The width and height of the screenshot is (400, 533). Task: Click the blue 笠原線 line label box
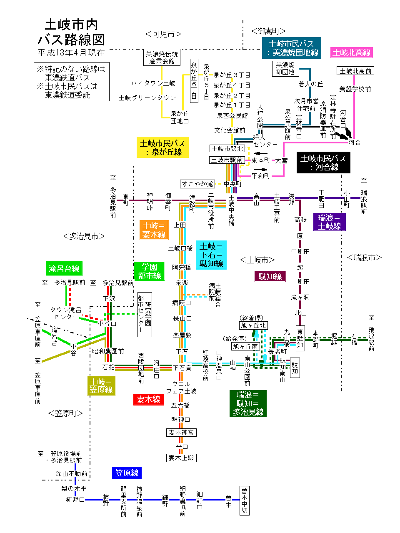click(x=127, y=473)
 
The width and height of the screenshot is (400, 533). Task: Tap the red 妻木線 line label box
click(x=149, y=399)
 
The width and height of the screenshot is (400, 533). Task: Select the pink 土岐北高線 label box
click(x=351, y=53)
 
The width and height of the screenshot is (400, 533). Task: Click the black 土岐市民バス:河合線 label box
click(x=323, y=163)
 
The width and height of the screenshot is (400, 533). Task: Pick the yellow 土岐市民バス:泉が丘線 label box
click(x=162, y=148)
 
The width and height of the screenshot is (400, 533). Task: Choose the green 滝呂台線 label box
click(x=64, y=268)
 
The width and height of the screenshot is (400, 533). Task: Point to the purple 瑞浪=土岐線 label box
click(x=329, y=222)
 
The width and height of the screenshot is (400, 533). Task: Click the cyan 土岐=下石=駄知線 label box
click(x=211, y=255)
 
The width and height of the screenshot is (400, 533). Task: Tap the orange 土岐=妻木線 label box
click(x=154, y=230)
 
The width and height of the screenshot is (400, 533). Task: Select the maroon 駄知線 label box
click(x=270, y=276)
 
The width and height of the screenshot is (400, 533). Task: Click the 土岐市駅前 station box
click(x=227, y=160)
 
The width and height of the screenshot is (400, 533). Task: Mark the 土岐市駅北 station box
click(x=227, y=148)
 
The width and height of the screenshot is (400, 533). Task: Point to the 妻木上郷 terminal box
click(x=181, y=458)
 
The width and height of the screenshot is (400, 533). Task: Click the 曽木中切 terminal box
click(x=244, y=500)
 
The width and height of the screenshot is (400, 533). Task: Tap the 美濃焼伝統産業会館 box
click(x=162, y=58)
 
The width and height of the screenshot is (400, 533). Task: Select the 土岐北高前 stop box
click(x=355, y=71)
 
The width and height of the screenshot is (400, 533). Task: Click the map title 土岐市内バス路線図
click(x=71, y=32)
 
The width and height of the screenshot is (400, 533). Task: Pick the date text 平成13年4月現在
click(x=71, y=53)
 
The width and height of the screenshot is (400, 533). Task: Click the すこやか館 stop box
click(x=197, y=184)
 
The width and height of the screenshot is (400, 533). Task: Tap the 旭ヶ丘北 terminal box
click(x=253, y=325)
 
